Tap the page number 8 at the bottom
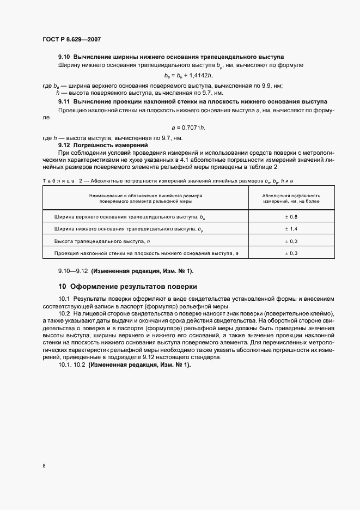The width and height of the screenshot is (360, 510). pyautogui.click(x=44, y=466)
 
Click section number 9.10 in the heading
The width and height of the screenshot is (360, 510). pyautogui.click(x=64, y=57)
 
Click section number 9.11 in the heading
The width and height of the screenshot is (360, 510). pyautogui.click(x=64, y=101)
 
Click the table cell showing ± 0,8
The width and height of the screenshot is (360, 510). pyautogui.click(x=291, y=216)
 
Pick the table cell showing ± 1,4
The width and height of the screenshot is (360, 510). pyautogui.click(x=291, y=229)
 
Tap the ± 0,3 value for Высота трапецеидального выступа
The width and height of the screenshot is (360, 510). pyautogui.click(x=291, y=241)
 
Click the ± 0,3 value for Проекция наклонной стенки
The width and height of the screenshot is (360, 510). pyautogui.click(x=291, y=253)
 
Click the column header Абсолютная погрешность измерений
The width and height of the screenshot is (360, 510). pyautogui.click(x=291, y=198)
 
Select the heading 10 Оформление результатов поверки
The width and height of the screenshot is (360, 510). pyautogui.click(x=127, y=286)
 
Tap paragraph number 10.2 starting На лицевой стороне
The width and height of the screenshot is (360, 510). pyautogui.click(x=64, y=315)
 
